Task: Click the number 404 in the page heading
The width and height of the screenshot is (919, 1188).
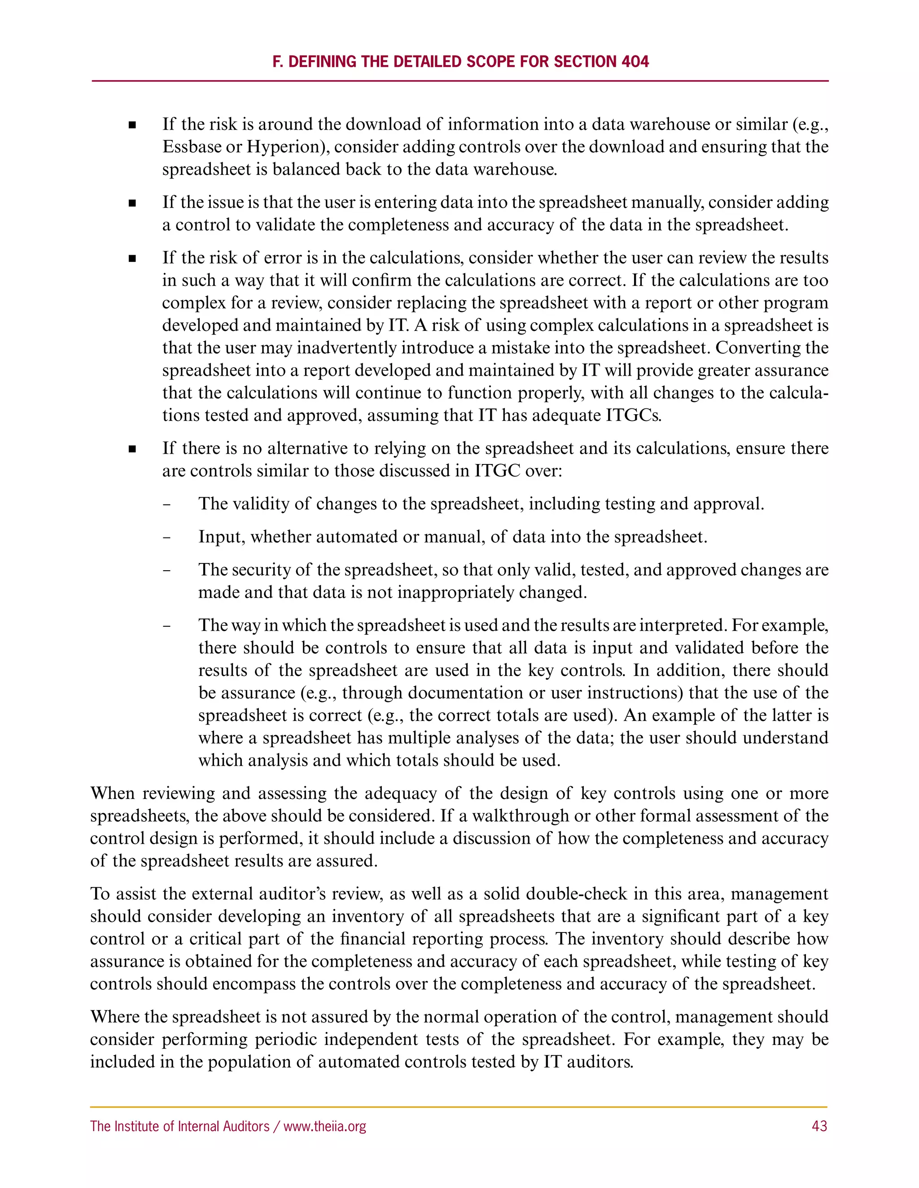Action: click(635, 61)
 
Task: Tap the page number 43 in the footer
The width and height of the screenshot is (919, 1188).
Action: click(819, 1126)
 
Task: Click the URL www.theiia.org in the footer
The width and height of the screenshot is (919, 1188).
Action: click(324, 1126)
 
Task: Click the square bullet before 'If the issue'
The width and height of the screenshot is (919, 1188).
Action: click(132, 204)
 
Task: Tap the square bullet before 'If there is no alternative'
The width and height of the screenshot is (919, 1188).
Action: click(132, 449)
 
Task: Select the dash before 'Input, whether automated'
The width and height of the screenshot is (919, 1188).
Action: click(166, 538)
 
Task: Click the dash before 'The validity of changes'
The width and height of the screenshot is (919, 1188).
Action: click(166, 504)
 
